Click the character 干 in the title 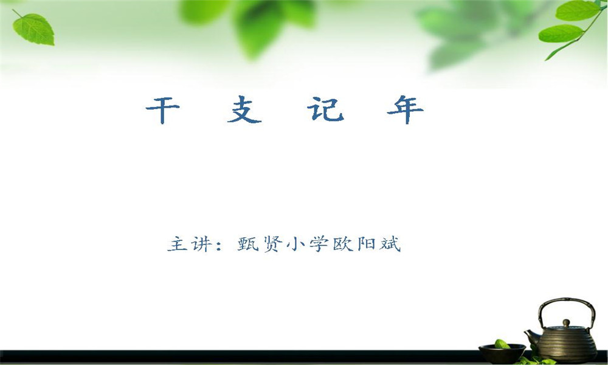tap(163, 110)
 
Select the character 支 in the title tap(244, 109)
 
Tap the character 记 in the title tap(326, 109)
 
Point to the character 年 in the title tap(405, 109)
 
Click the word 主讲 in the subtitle tap(190, 245)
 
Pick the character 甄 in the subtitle tap(248, 244)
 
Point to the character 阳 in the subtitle tap(366, 245)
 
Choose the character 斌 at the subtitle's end tap(390, 245)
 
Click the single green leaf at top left tap(33, 29)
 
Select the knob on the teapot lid tap(567, 322)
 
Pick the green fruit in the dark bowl tap(502, 344)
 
